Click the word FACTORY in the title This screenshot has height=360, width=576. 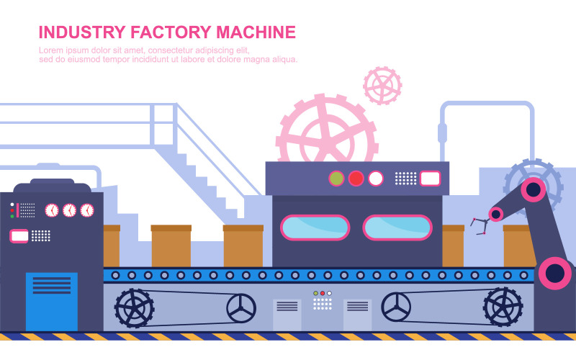(171, 32)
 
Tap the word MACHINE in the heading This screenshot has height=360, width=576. (256, 32)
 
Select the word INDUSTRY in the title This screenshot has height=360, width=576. (82, 32)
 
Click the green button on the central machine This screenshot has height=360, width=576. (336, 179)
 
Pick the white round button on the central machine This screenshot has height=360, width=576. (375, 179)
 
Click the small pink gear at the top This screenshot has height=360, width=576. (382, 86)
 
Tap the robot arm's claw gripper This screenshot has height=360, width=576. (480, 226)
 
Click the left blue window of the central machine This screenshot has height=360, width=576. (315, 228)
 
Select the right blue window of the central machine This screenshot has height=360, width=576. (397, 228)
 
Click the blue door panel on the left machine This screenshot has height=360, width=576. (52, 302)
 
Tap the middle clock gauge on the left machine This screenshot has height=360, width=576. (69, 210)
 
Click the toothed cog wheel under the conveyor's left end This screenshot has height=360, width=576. (135, 308)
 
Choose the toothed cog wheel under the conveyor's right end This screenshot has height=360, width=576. (503, 307)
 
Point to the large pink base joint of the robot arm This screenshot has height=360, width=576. (555, 274)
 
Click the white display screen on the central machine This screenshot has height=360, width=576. (430, 179)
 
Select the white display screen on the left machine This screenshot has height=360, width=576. (19, 236)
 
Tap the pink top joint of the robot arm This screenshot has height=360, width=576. (533, 190)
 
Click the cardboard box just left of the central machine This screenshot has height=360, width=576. (243, 246)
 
